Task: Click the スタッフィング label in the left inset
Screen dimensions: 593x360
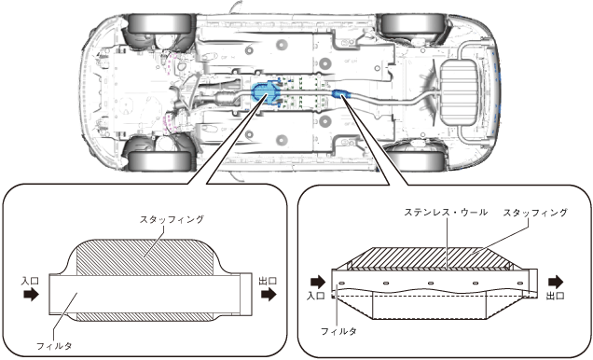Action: click(x=172, y=219)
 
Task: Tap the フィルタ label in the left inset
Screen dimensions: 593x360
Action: click(x=54, y=345)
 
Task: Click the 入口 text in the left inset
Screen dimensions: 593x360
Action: click(x=30, y=281)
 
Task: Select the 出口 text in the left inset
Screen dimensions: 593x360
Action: click(x=268, y=281)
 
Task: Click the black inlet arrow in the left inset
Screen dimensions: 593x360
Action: click(x=31, y=294)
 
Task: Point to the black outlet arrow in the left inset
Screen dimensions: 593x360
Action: click(x=269, y=294)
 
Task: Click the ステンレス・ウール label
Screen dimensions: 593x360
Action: click(x=446, y=212)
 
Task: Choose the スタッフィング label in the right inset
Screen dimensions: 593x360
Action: click(x=535, y=213)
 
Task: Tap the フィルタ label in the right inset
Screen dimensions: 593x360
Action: click(x=338, y=331)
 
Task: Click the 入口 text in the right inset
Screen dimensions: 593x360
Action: click(x=316, y=296)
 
